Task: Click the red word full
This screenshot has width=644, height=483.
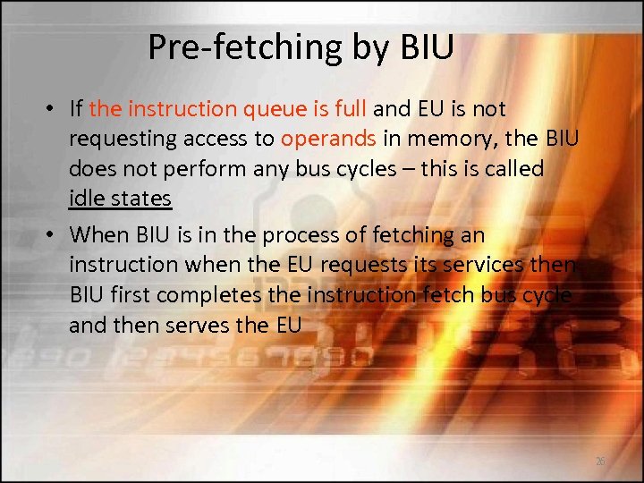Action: (x=348, y=109)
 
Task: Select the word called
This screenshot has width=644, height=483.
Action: (x=512, y=169)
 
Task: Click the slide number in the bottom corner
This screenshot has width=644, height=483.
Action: (x=598, y=460)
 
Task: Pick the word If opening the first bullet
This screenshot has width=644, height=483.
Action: (x=76, y=109)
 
